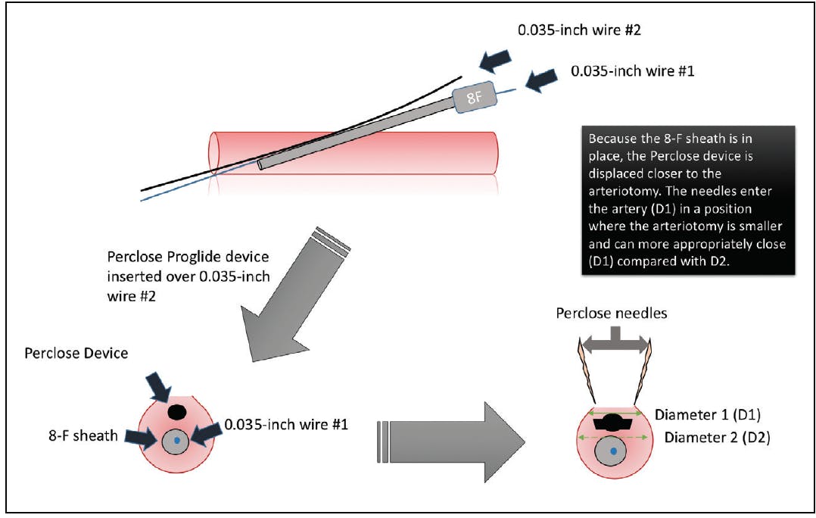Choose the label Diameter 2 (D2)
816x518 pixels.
click(717, 437)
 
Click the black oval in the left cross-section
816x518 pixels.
click(176, 411)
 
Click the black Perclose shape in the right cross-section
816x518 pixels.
click(614, 424)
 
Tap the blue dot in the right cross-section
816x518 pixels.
click(614, 452)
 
